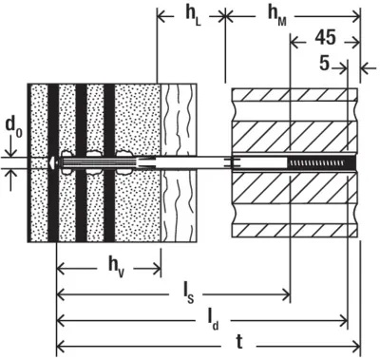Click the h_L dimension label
pyautogui.click(x=193, y=16)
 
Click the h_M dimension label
pyautogui.click(x=277, y=16)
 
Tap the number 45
pyautogui.click(x=325, y=38)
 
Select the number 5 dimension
pyautogui.click(x=324, y=63)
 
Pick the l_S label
pyautogui.click(x=186, y=295)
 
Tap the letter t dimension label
pyautogui.click(x=239, y=342)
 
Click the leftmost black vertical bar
pyautogui.click(x=53, y=163)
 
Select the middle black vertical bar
pyautogui.click(x=81, y=163)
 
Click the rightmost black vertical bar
pyautogui.click(x=109, y=163)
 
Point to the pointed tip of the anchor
pyautogui.click(x=50, y=162)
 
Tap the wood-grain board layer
pyautogui.click(x=179, y=163)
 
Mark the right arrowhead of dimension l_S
pyautogui.click(x=286, y=294)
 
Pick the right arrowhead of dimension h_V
pyautogui.click(x=157, y=270)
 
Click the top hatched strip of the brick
pyautogui.click(x=294, y=95)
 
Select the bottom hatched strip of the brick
pyautogui.click(x=294, y=231)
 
